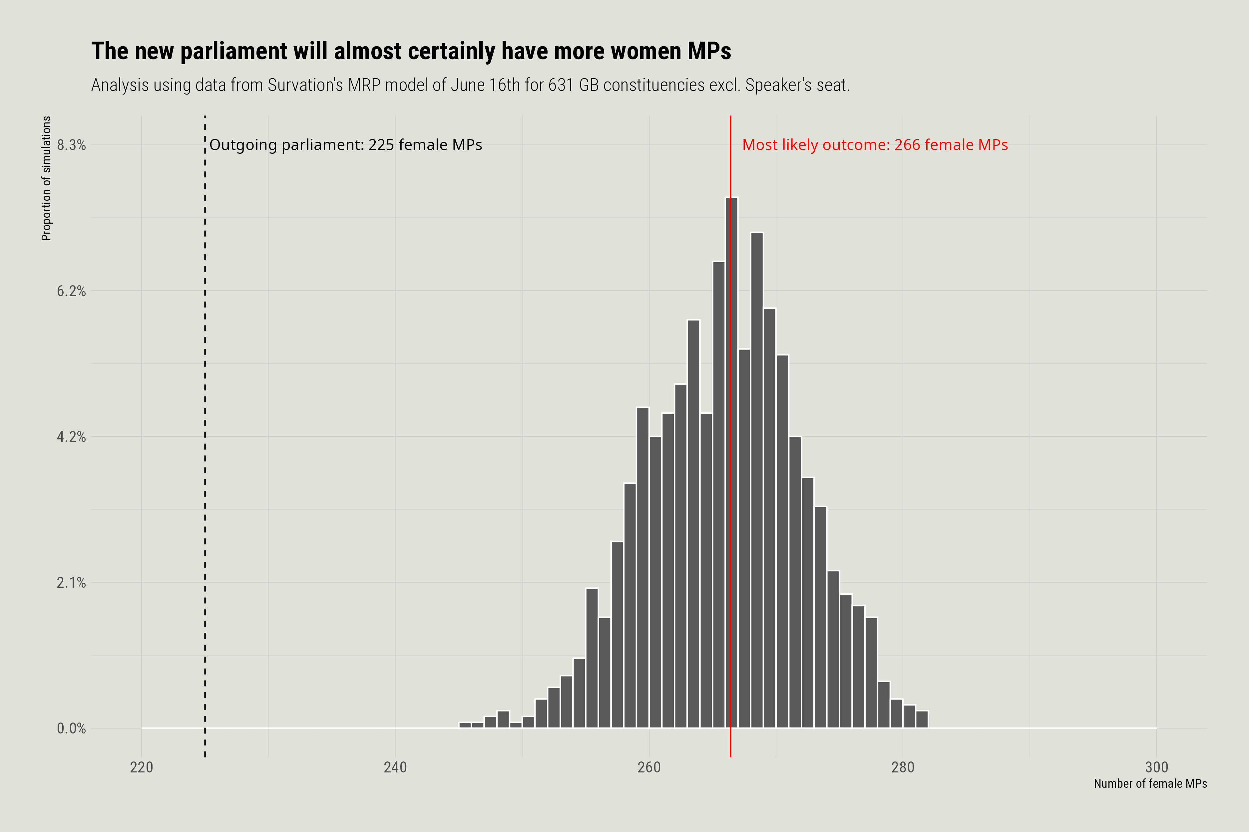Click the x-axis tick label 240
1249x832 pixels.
pos(395,767)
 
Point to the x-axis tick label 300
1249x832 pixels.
pos(1156,767)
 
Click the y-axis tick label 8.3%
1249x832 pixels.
pos(71,145)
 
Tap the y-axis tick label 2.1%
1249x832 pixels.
pos(71,583)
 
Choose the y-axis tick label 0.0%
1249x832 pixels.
pos(71,728)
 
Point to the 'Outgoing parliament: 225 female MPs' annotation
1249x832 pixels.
pos(346,145)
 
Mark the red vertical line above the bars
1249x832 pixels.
pos(731,159)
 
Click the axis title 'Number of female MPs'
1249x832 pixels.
pos(1150,784)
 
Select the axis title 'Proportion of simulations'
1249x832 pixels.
pos(47,178)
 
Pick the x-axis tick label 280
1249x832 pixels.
pos(903,767)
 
